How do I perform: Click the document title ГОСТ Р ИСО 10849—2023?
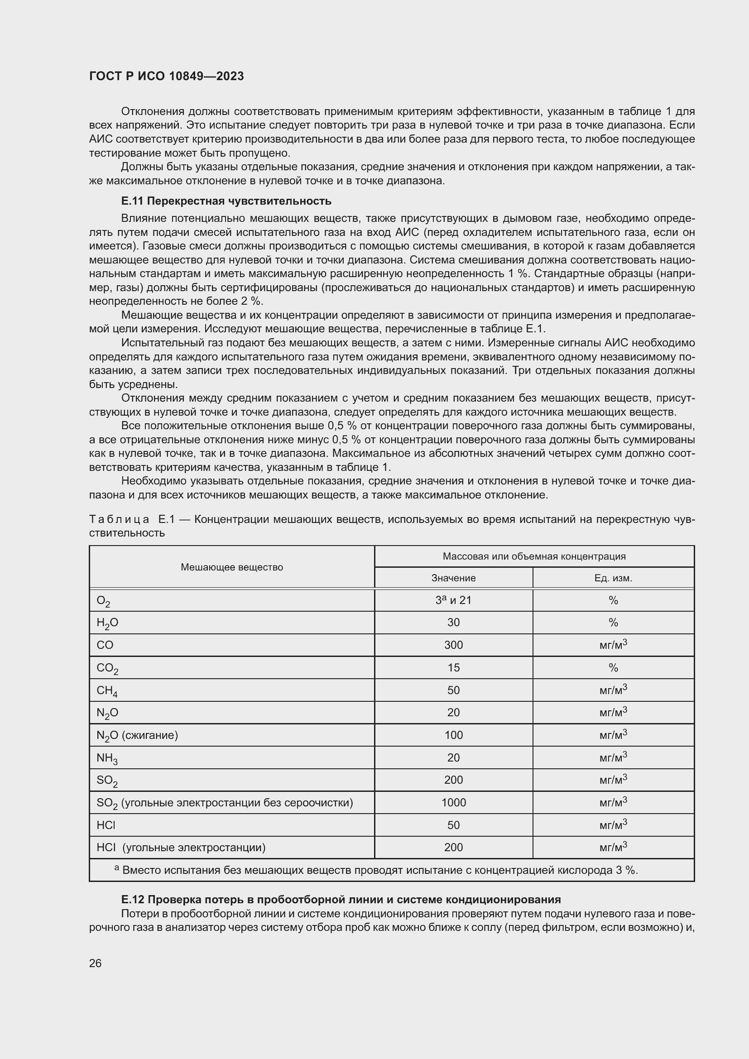(x=167, y=76)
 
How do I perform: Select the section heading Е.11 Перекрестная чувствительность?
(x=226, y=201)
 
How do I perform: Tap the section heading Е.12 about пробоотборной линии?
(x=341, y=900)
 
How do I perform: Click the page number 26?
(x=95, y=963)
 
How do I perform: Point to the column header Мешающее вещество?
(x=231, y=567)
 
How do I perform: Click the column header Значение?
(x=453, y=578)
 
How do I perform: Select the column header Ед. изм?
(x=613, y=578)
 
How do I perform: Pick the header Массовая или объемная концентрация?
(x=534, y=556)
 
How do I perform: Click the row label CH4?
(x=106, y=690)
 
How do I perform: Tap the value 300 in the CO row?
(x=453, y=645)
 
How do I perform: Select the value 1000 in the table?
(x=453, y=803)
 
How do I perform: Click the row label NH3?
(x=106, y=758)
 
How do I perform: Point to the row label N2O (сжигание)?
(x=137, y=735)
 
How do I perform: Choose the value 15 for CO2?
(x=453, y=667)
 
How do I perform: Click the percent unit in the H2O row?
(x=613, y=623)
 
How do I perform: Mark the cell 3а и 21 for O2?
(x=453, y=600)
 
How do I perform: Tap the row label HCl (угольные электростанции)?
(x=181, y=847)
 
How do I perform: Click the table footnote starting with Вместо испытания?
(x=376, y=870)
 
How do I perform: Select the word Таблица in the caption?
(x=119, y=519)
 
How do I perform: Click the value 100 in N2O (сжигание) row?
(x=453, y=735)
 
